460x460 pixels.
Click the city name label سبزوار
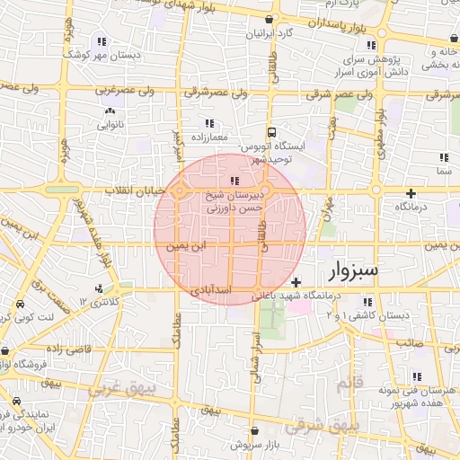coord(354,270)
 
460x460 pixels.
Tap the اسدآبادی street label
coord(212,291)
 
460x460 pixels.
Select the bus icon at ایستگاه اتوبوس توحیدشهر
coord(271,128)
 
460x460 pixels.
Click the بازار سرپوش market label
coord(254,444)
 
